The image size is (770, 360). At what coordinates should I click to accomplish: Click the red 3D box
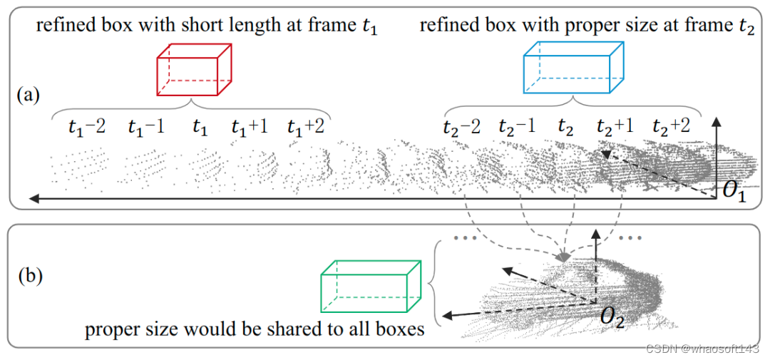[x=195, y=70]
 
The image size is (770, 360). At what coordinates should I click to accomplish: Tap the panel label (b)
[x=29, y=274]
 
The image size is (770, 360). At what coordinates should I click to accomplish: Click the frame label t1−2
[x=87, y=128]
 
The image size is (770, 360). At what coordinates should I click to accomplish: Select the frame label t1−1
[x=146, y=128]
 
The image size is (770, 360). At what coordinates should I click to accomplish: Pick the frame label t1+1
[x=248, y=128]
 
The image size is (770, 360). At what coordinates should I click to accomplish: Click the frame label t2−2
[x=461, y=128]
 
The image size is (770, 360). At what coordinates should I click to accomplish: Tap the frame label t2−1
[x=517, y=128]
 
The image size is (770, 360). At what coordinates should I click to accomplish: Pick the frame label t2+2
[x=671, y=128]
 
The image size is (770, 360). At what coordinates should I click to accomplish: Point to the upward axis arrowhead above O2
[x=597, y=234]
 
